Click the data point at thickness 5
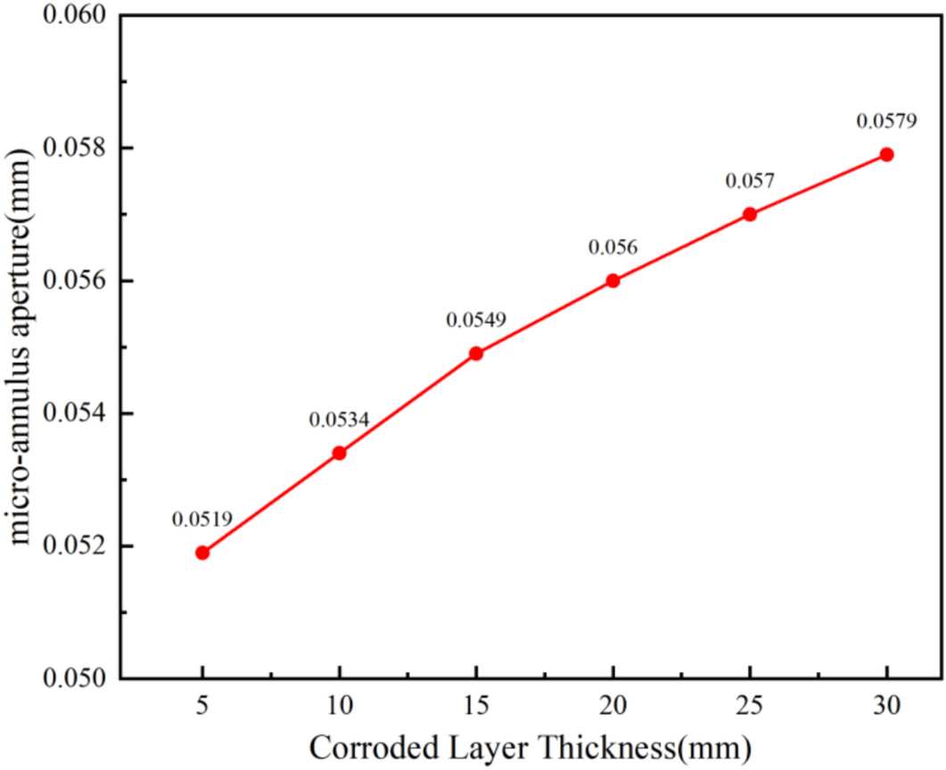tap(202, 553)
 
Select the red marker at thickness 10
tap(339, 453)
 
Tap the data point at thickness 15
tap(476, 353)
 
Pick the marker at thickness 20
tap(613, 280)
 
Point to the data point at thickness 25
tap(750, 214)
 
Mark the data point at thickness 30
tap(886, 154)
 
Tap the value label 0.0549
tap(476, 319)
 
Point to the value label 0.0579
tap(885, 120)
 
